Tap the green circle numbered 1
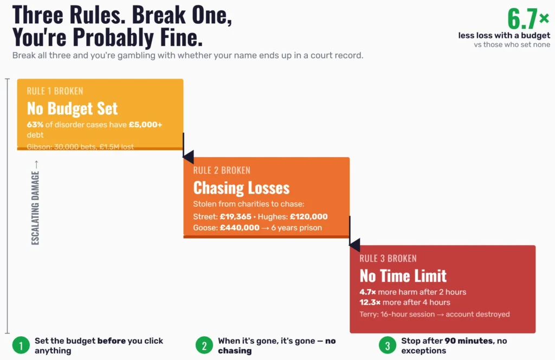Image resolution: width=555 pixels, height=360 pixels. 21,345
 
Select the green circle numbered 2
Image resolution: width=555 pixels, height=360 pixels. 204,345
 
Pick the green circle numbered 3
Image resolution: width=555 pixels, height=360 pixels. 387,345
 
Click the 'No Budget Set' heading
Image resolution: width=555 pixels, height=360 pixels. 72,108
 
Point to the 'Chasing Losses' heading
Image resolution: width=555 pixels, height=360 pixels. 241,188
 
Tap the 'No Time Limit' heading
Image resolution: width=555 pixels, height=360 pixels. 403,275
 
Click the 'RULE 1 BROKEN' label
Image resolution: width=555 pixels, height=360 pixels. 55,91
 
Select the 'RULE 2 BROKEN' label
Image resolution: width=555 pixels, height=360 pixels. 222,170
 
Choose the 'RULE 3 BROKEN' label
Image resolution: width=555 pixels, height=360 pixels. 388,258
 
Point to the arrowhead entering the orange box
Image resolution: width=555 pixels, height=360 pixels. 188,157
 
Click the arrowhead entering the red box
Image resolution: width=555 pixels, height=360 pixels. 354,245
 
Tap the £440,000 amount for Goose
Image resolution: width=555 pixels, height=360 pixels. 240,228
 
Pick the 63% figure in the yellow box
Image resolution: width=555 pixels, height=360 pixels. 35,125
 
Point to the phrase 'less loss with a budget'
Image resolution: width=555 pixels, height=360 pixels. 504,36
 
